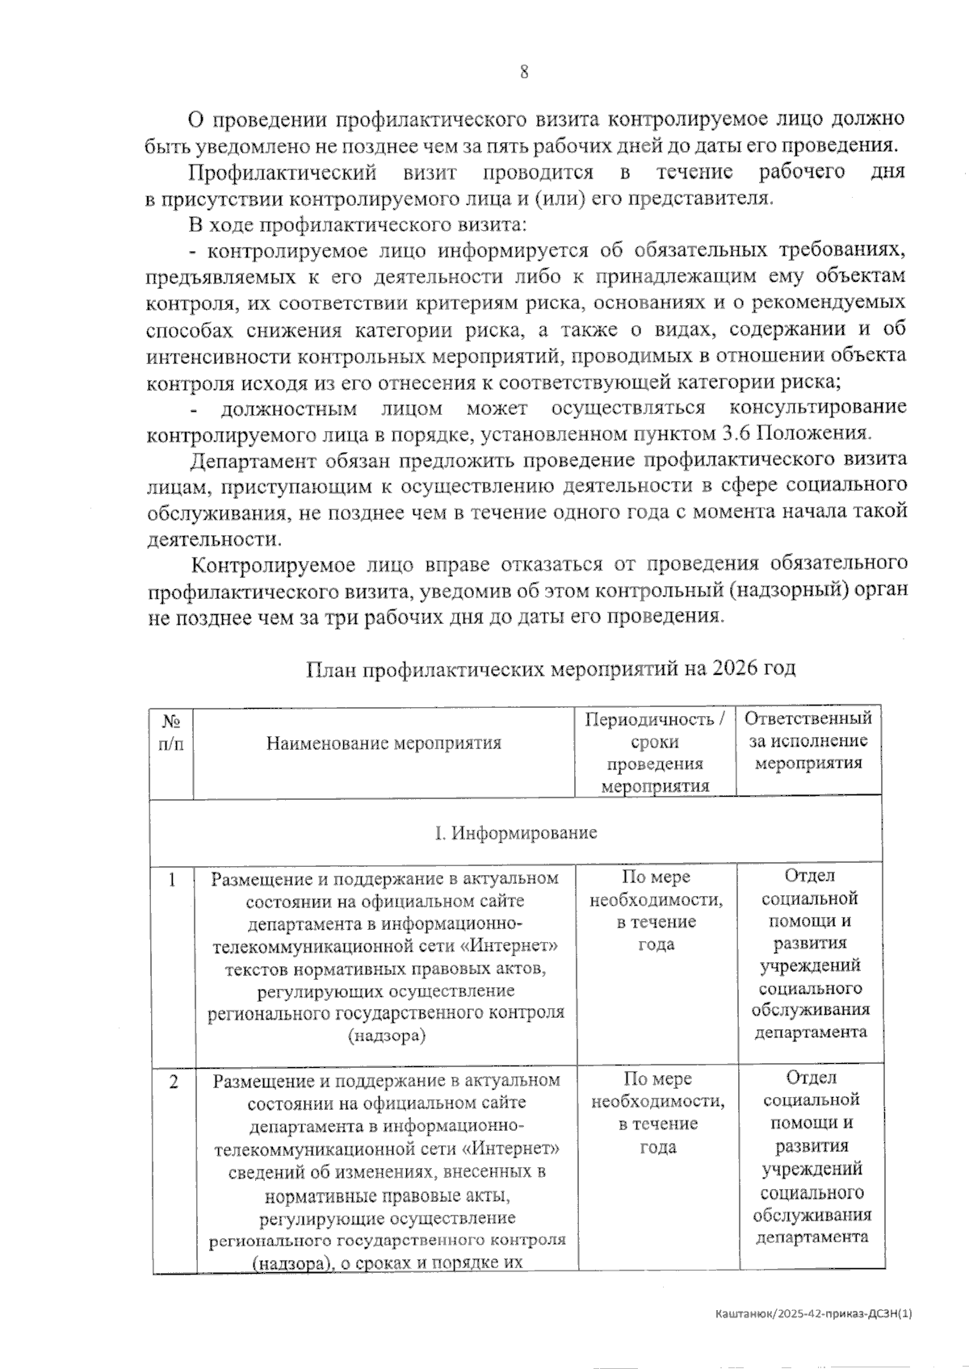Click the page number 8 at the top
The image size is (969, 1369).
524,72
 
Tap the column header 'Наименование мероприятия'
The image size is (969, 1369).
384,743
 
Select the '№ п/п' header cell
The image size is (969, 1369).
171,732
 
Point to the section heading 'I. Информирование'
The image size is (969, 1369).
517,832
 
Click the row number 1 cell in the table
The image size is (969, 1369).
172,880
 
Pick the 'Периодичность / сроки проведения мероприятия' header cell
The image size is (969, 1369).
655,752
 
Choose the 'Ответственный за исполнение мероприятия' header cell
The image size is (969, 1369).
807,740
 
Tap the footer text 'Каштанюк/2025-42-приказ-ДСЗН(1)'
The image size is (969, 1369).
813,1314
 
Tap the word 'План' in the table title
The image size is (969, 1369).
331,668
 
